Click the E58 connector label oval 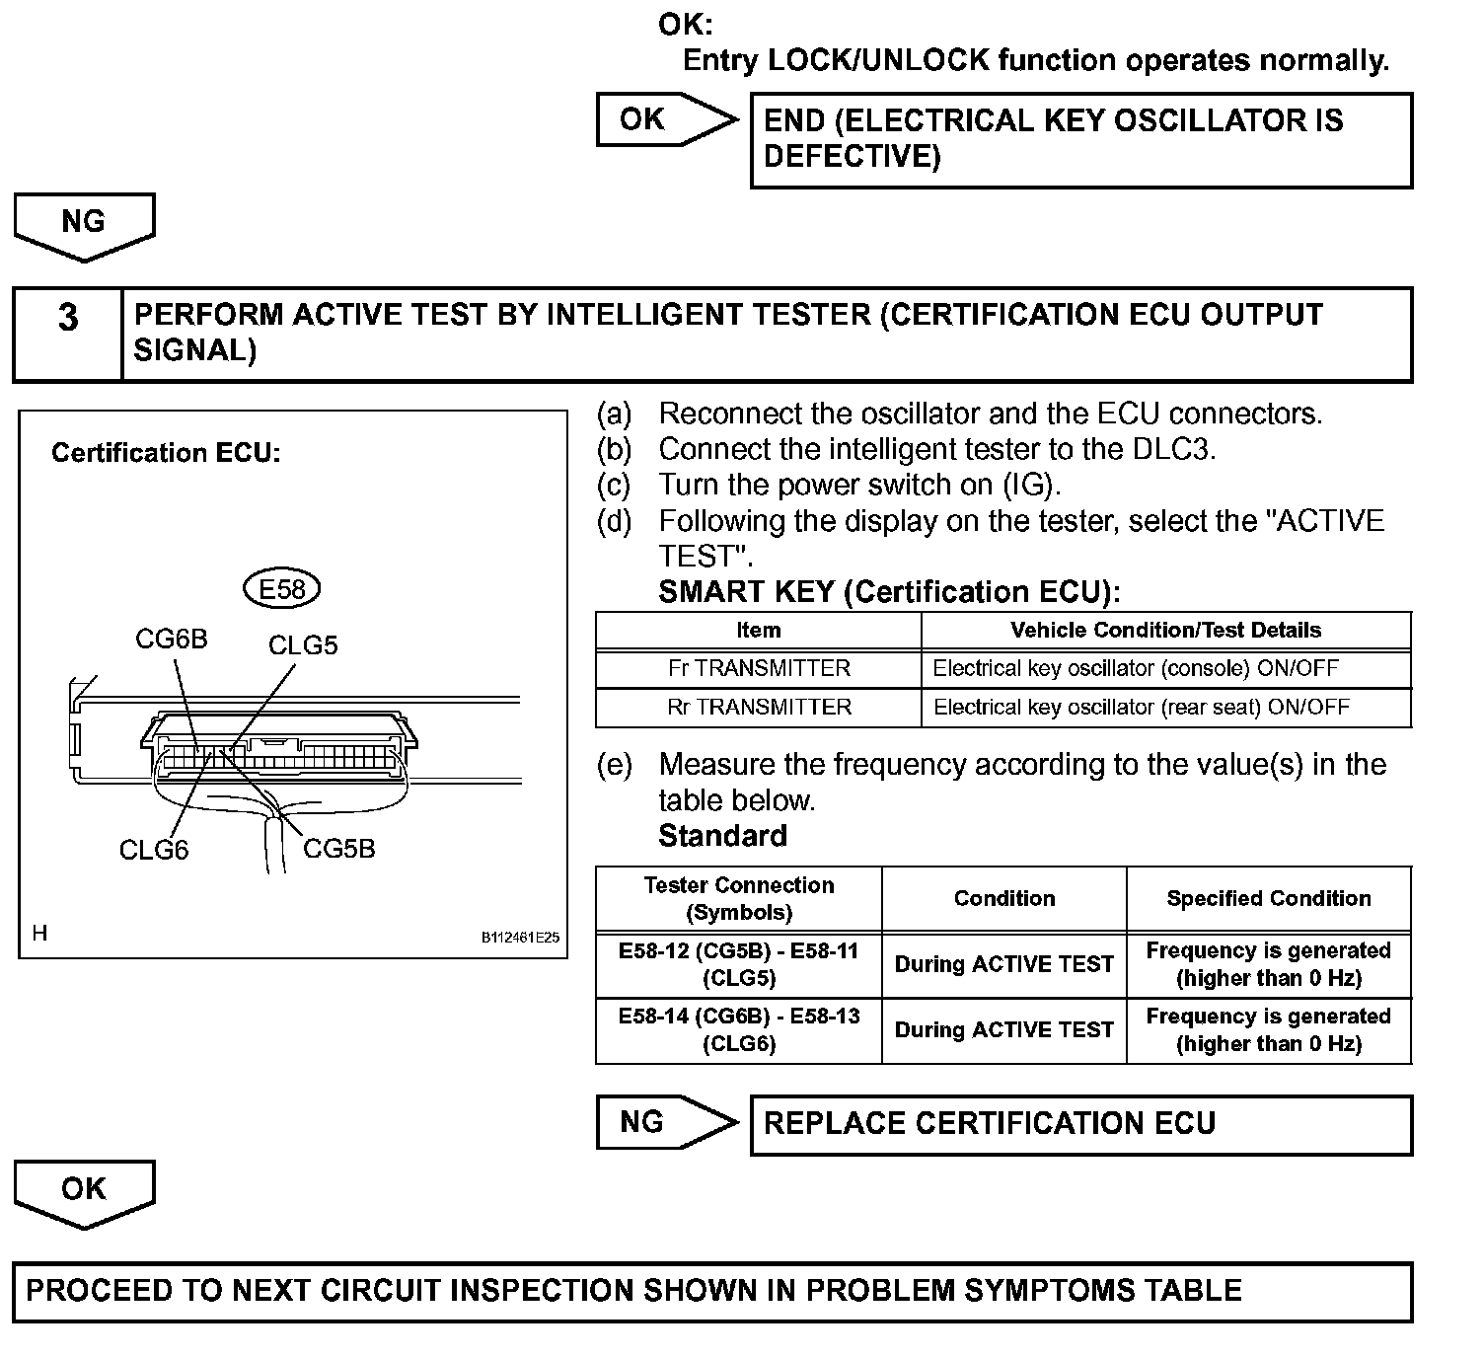coord(282,589)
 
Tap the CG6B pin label coord(172,640)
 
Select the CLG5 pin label coord(303,645)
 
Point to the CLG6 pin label coord(154,850)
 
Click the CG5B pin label coord(338,849)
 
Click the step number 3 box coord(68,334)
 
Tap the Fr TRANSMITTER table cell coord(759,668)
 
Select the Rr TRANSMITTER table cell coord(759,707)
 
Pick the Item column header coord(759,630)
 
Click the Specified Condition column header coord(1269,898)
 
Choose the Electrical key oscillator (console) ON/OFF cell coord(1136,668)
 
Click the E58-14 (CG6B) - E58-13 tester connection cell coord(739,1030)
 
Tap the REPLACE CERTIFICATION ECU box coord(1081,1124)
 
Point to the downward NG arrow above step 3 coord(84,226)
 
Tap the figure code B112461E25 coord(520,938)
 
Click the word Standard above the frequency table coord(723,836)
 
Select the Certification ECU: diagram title coord(166,453)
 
